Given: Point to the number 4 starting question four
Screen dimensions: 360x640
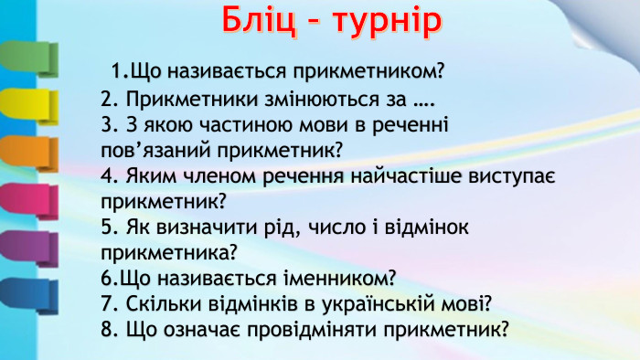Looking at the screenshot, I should tap(107, 174).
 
